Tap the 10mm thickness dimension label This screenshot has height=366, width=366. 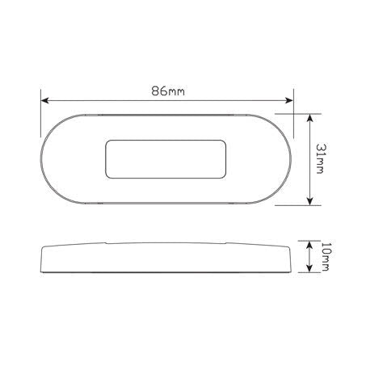tap(325, 259)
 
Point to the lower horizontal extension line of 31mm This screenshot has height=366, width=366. tap(299, 205)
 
